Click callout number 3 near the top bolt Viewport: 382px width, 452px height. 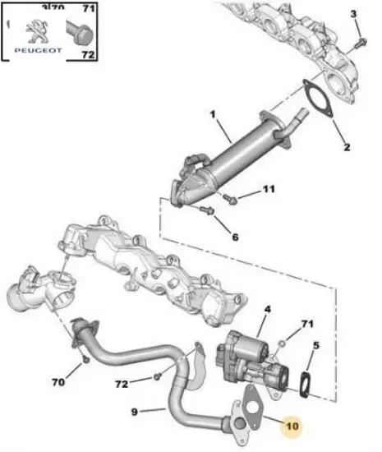click(x=354, y=16)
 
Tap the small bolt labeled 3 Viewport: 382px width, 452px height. click(x=360, y=40)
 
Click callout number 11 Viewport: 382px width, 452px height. click(x=269, y=191)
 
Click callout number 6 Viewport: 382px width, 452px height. click(x=235, y=238)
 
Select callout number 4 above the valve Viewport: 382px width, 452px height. click(x=266, y=311)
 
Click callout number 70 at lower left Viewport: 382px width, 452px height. click(x=57, y=381)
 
